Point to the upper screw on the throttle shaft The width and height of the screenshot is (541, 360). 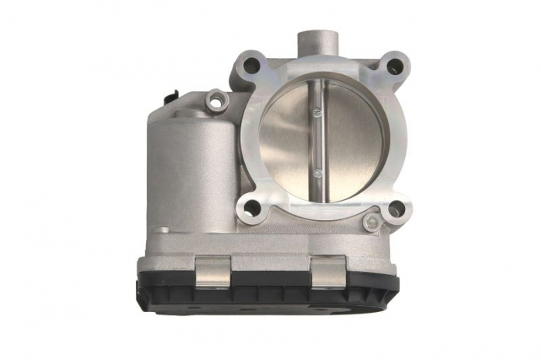click(318, 113)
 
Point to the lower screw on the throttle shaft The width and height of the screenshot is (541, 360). click(318, 173)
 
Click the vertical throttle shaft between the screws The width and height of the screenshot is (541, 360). click(318, 143)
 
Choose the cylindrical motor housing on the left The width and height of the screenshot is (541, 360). click(189, 174)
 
